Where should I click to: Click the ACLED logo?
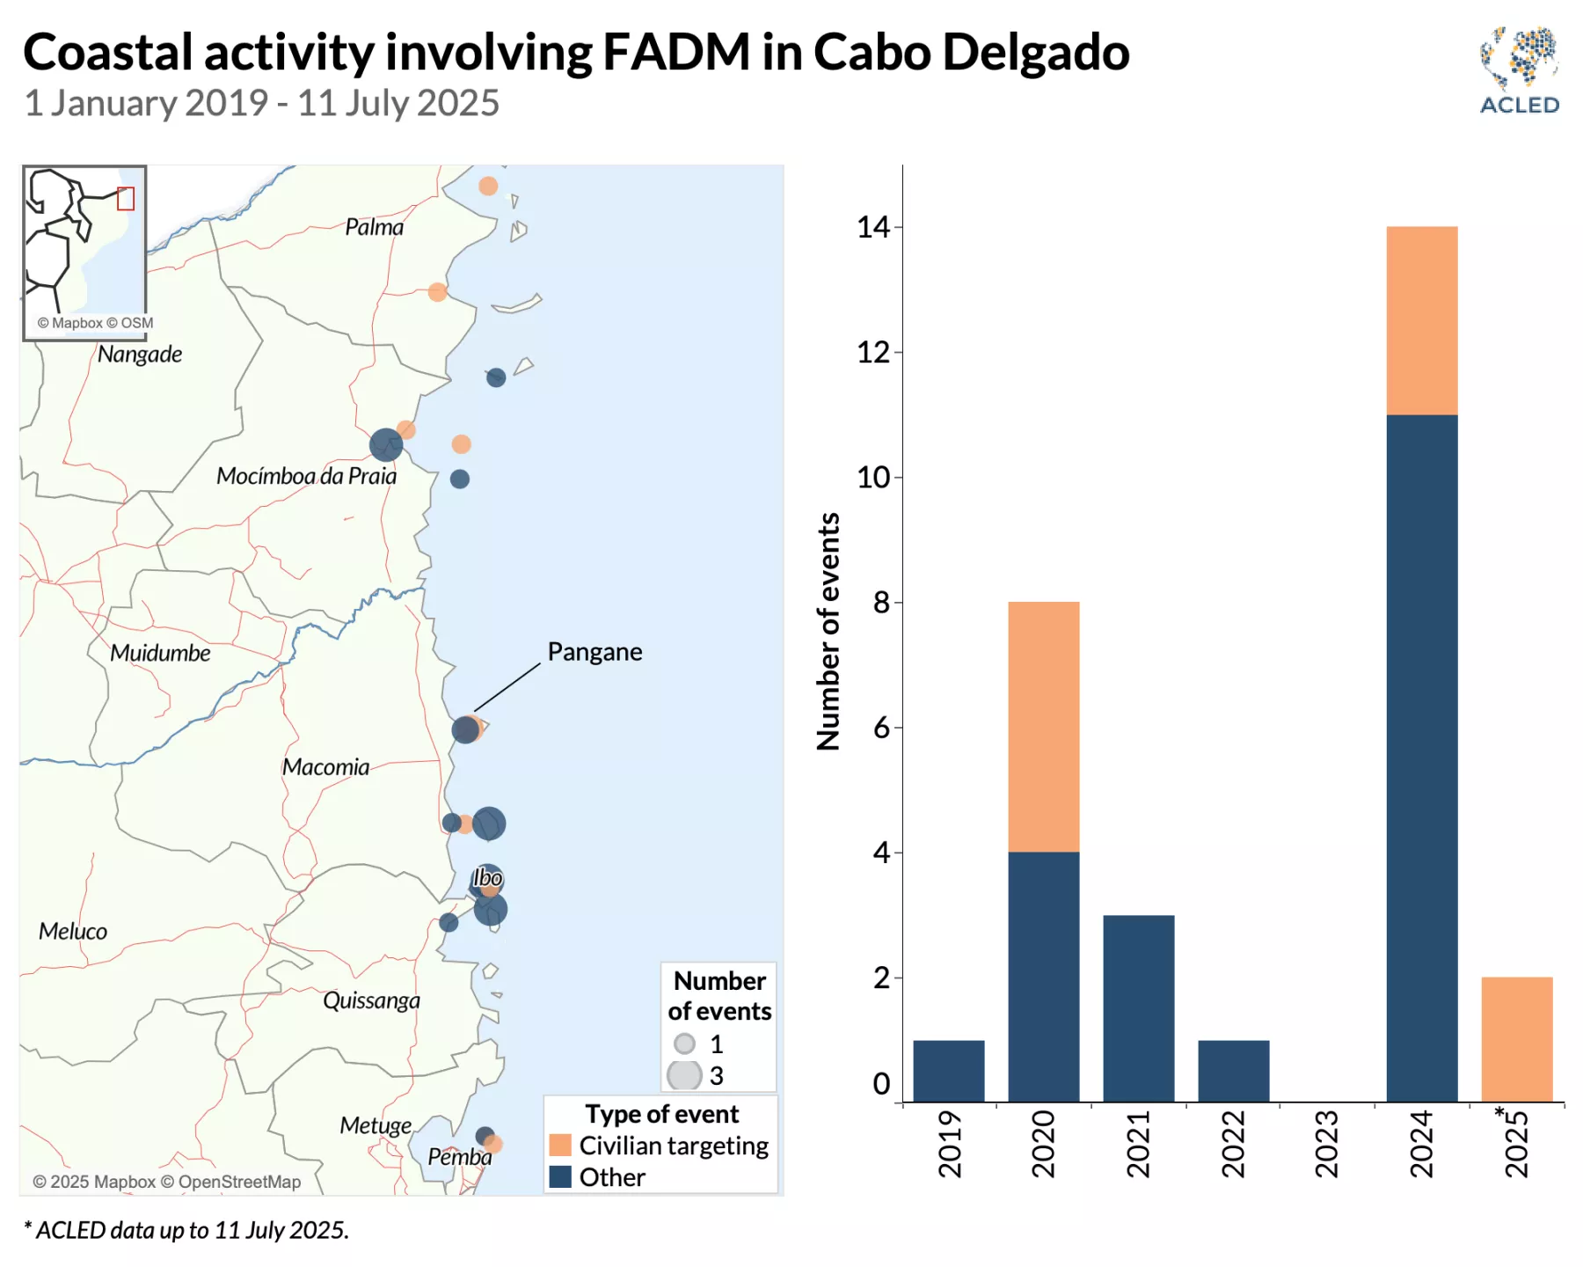(x=1519, y=70)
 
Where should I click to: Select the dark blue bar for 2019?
(x=948, y=1071)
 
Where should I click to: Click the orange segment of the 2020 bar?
(x=1043, y=727)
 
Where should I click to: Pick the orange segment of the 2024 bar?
(x=1421, y=320)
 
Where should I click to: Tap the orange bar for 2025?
(x=1516, y=1039)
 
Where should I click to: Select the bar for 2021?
(x=1138, y=1008)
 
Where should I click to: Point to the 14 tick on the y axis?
(x=873, y=228)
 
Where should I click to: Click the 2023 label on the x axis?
(x=1326, y=1144)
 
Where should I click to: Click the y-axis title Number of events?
(x=828, y=631)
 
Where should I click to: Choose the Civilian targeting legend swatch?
(x=560, y=1145)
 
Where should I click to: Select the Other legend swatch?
(x=560, y=1176)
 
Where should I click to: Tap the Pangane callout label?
(x=595, y=652)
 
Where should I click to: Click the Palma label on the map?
(x=375, y=227)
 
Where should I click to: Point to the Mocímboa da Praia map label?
(x=306, y=476)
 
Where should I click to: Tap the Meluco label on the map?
(x=73, y=931)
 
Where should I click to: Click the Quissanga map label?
(x=371, y=1000)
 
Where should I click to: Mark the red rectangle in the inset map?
(x=126, y=199)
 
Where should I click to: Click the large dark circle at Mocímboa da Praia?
(x=386, y=445)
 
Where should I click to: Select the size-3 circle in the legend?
(x=684, y=1075)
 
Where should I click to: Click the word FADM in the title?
(x=675, y=53)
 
